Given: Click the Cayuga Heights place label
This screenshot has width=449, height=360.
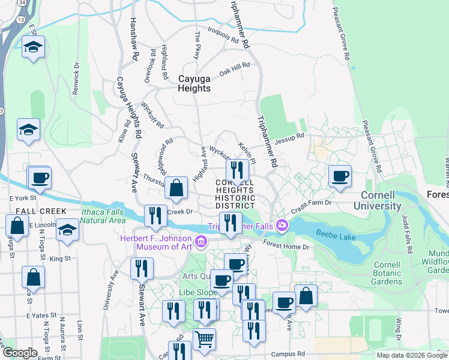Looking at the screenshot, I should [x=194, y=83].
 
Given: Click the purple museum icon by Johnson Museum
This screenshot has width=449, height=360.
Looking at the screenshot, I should [x=201, y=242].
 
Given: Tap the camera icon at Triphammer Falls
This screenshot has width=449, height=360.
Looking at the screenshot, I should [x=280, y=226].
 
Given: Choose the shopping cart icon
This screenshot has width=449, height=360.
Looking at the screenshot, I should [x=204, y=339].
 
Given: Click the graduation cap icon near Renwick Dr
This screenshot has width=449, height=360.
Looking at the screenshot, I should [x=33, y=47].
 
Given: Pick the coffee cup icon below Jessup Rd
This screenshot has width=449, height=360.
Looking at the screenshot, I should [x=340, y=176].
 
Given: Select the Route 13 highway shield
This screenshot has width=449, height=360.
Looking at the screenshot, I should [x=21, y=20].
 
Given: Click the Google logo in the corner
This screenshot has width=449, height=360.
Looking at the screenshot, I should [x=20, y=353].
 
